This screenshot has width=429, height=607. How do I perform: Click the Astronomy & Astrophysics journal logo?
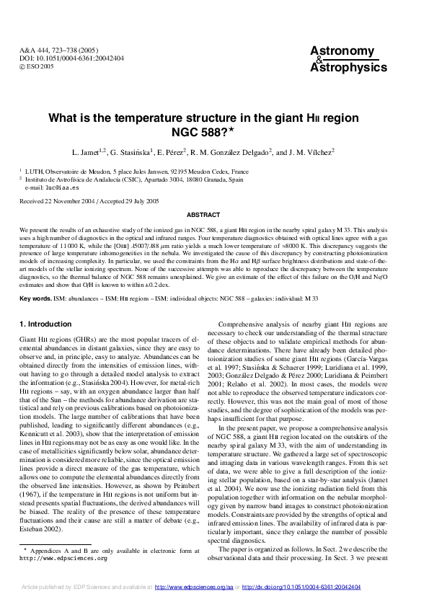click(342, 59)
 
